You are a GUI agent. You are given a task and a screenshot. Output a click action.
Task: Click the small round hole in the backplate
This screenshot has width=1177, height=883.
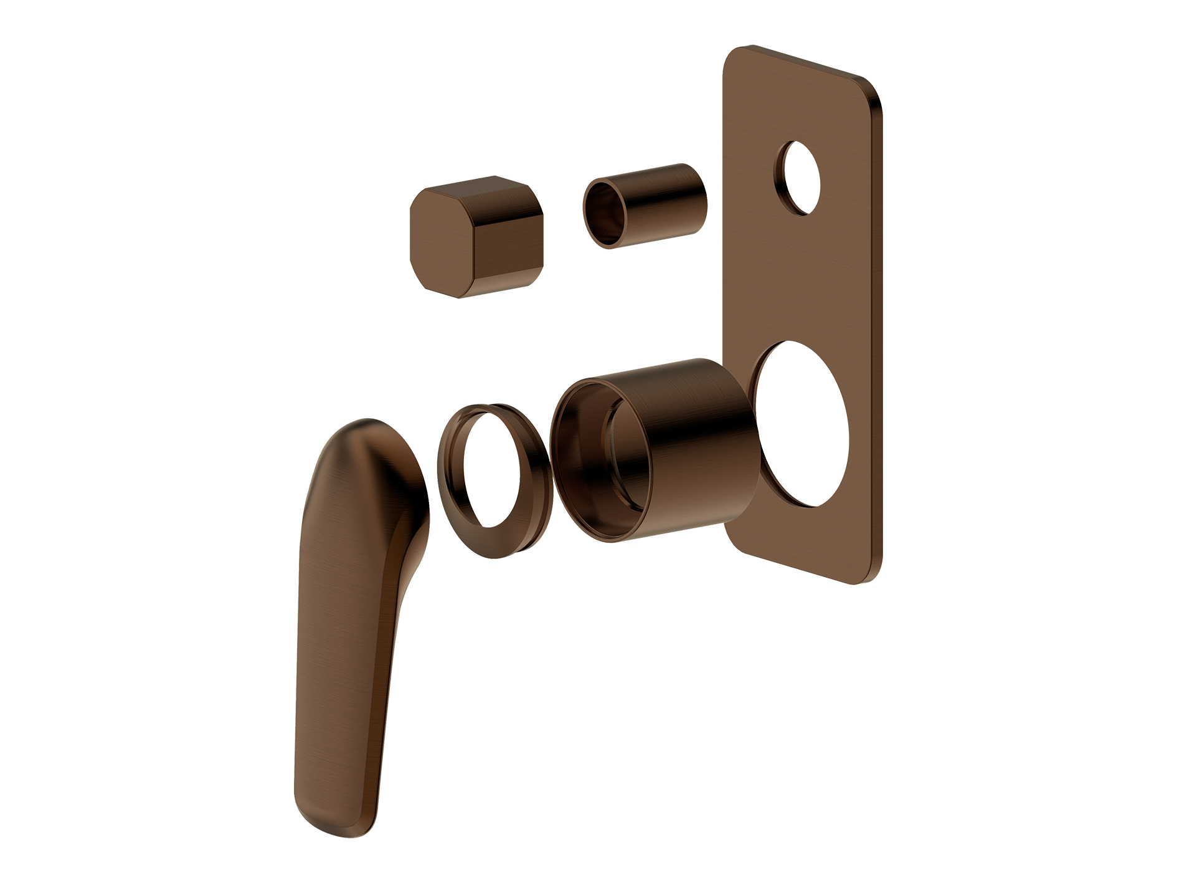802,178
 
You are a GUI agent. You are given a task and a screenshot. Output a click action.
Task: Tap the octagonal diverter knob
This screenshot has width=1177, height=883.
477,237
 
